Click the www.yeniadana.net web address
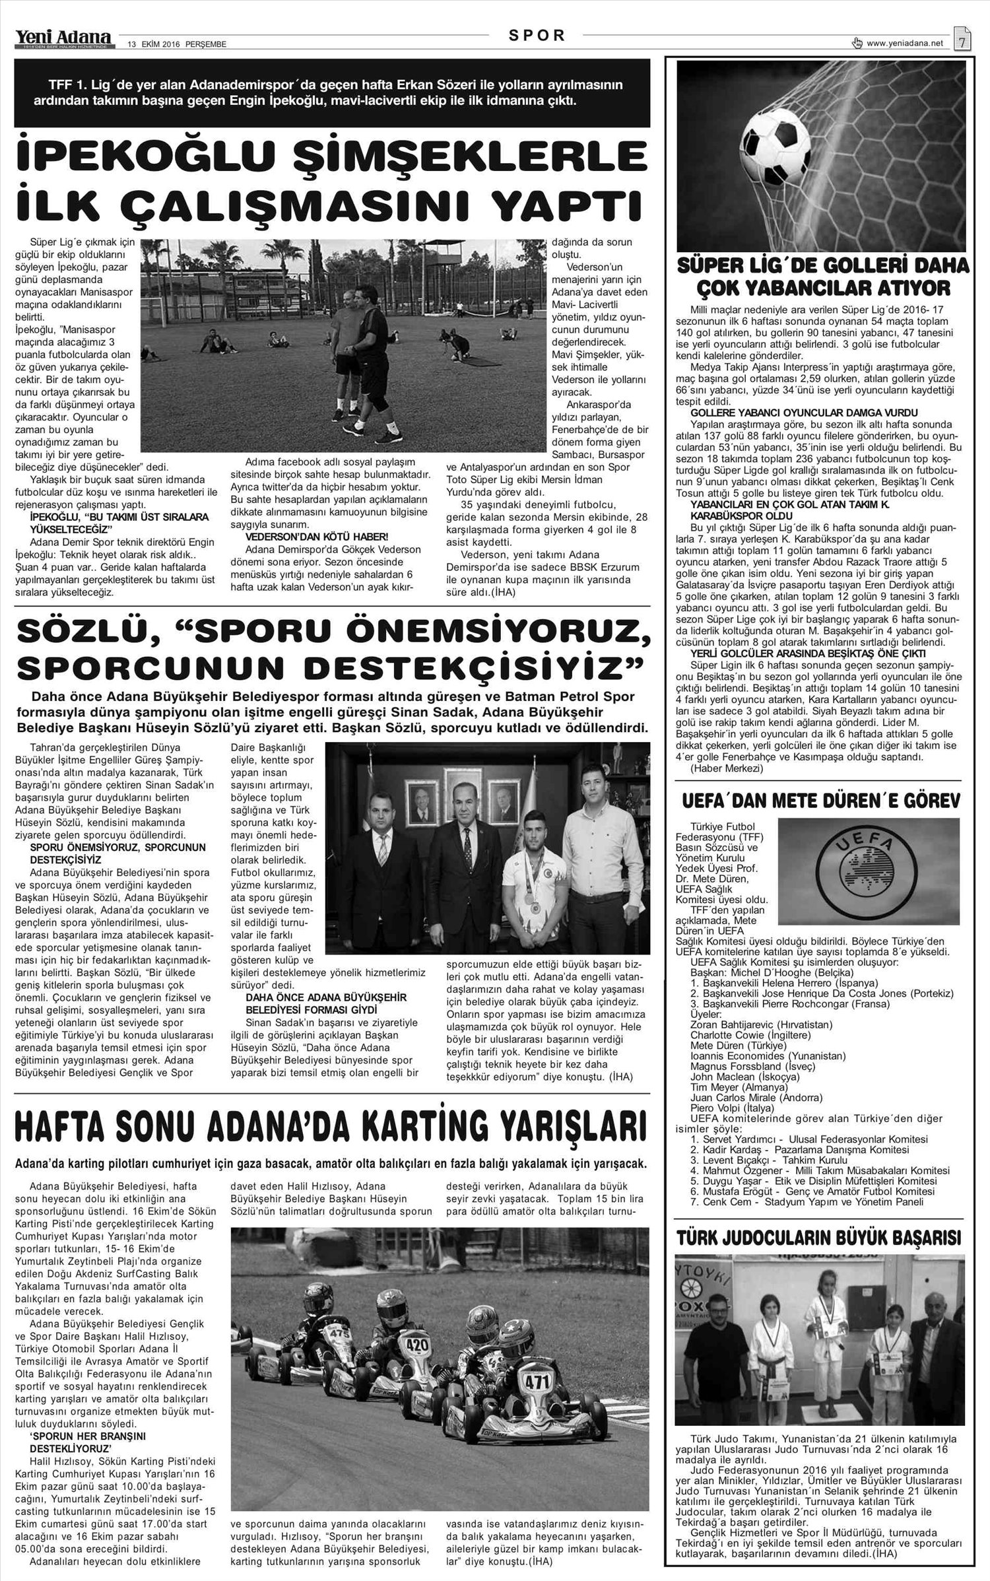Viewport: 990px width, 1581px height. coord(904,44)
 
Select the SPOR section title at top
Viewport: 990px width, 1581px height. coord(537,36)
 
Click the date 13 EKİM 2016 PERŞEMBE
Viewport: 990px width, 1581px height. coord(178,44)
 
